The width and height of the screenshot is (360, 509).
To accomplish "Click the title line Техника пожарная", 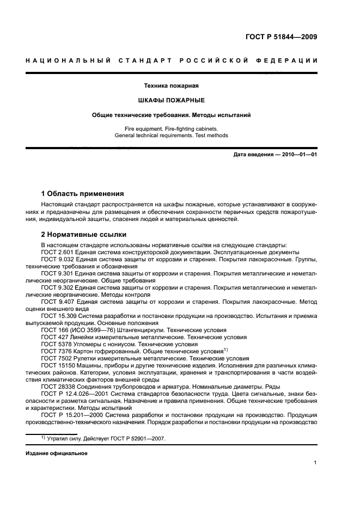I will tap(171, 85).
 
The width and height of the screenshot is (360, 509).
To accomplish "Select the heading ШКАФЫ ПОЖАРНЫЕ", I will tap(171, 100).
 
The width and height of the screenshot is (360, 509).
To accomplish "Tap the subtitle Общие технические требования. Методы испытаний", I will tap(171, 115).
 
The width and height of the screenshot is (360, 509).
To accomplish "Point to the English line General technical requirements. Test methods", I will tap(171, 135).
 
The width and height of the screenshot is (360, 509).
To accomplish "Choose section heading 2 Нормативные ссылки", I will tap(84, 235).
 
